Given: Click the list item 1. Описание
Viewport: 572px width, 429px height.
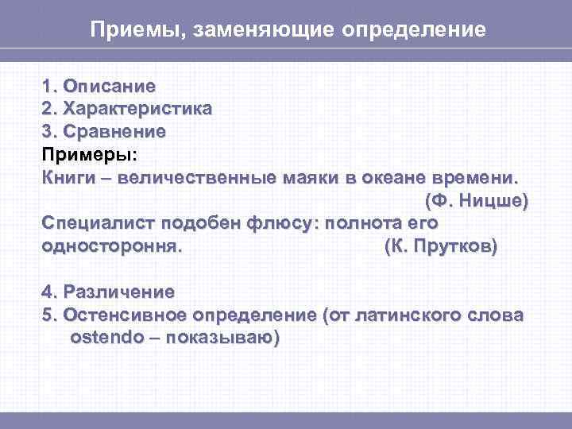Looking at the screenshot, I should coord(99,84).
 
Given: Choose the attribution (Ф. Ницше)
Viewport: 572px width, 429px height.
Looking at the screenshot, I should coord(476,199).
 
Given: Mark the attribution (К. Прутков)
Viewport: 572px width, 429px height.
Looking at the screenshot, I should coord(440,245).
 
